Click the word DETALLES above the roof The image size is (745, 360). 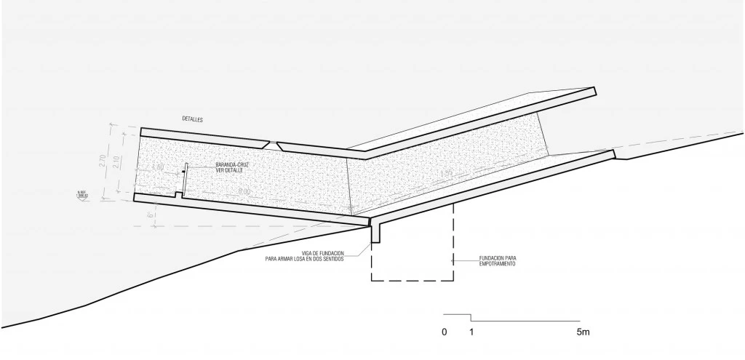[x=193, y=119]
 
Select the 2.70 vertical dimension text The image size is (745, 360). [x=103, y=161]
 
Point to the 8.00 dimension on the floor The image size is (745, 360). [x=244, y=191]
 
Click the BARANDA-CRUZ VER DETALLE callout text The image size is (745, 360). [x=233, y=168]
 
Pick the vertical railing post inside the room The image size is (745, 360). [x=186, y=179]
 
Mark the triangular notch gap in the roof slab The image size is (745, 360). [x=271, y=145]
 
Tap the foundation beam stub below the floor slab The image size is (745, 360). [x=375, y=233]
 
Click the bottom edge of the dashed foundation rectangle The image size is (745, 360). [x=412, y=280]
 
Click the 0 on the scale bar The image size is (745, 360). [x=444, y=332]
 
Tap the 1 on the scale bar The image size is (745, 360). [x=471, y=332]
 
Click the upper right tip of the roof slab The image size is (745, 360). [x=594, y=91]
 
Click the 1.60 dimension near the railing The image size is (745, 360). [x=159, y=168]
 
